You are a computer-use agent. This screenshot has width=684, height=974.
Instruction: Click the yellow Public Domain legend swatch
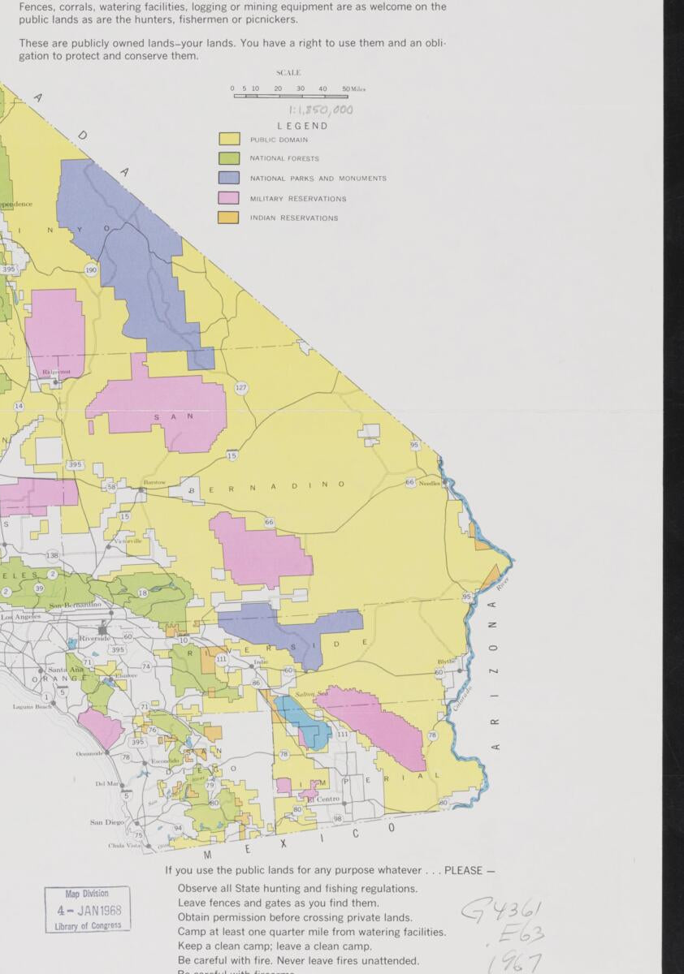(x=228, y=140)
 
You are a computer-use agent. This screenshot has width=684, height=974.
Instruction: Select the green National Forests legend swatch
(x=228, y=158)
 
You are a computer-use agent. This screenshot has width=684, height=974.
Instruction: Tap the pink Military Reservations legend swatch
(x=228, y=198)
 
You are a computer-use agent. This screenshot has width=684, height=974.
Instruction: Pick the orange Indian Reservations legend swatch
(x=228, y=218)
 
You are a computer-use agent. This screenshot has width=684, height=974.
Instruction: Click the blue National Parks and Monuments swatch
(x=228, y=178)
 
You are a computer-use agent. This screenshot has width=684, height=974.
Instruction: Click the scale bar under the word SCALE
(x=291, y=96)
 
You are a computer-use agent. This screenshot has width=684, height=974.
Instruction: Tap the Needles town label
(x=430, y=483)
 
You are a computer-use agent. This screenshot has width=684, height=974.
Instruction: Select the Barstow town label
(x=154, y=482)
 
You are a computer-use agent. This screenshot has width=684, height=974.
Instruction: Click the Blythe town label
(x=446, y=662)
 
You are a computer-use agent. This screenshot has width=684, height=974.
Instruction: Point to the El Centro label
(x=323, y=799)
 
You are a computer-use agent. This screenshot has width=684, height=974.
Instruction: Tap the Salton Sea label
(x=305, y=695)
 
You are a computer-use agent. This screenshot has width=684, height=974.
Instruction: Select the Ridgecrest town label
(x=57, y=372)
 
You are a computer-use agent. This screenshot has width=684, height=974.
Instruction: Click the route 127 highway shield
(x=241, y=388)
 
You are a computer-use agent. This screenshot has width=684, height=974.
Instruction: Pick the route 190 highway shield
(x=91, y=270)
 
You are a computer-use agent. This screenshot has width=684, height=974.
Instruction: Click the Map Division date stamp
(x=88, y=909)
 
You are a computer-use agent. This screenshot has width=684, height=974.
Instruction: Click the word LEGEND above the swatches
(x=302, y=126)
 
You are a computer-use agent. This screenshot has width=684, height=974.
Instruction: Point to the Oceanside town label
(x=90, y=753)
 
